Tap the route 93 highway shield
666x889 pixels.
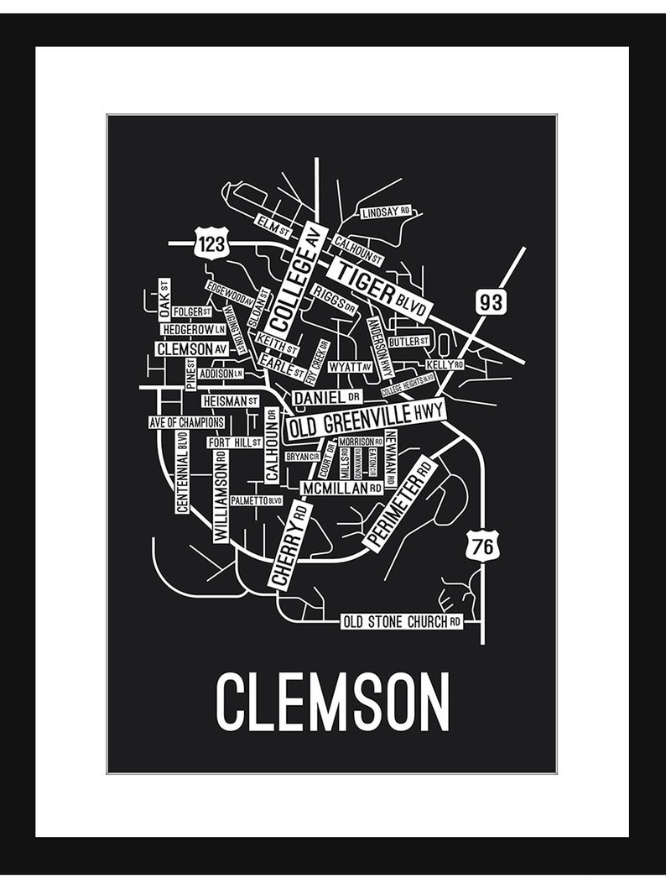pyautogui.click(x=492, y=302)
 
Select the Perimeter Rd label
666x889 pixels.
pyautogui.click(x=400, y=504)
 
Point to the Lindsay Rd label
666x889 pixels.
pyautogui.click(x=386, y=213)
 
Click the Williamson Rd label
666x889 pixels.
pyautogui.click(x=221, y=496)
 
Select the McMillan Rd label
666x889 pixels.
pyautogui.click(x=342, y=487)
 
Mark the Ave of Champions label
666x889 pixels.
pyautogui.click(x=186, y=422)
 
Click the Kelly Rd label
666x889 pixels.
pyautogui.click(x=445, y=365)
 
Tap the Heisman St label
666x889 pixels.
pyautogui.click(x=230, y=401)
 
